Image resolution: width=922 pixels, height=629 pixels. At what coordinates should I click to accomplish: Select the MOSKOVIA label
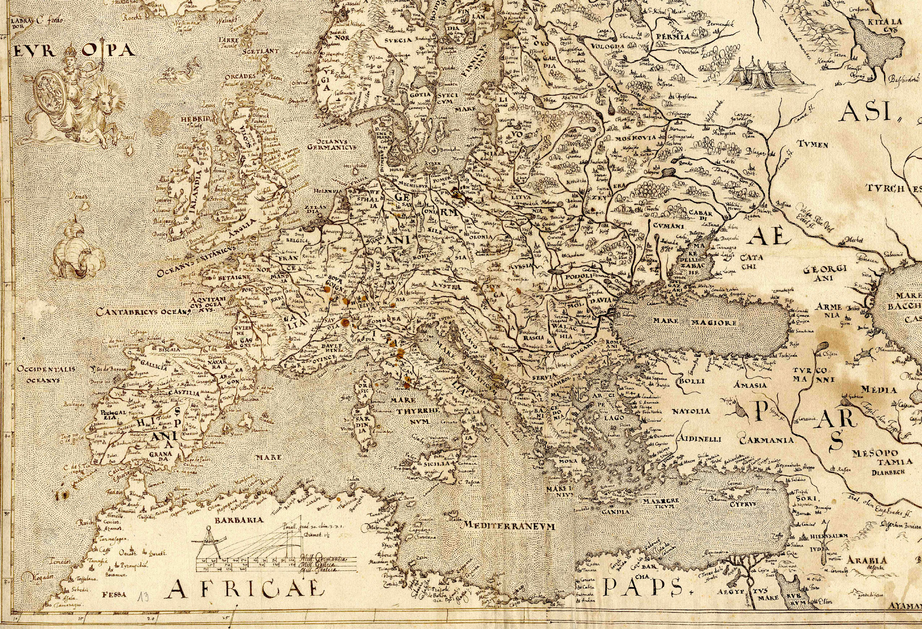[637, 138]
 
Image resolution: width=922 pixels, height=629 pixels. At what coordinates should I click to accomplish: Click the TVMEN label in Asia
[813, 145]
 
